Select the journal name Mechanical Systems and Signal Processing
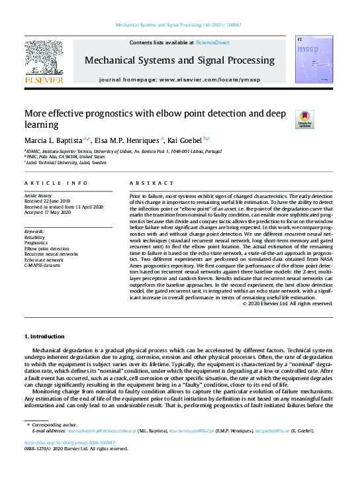click(179, 61)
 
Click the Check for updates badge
click(304, 119)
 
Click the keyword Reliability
click(34, 237)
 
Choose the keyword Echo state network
click(44, 258)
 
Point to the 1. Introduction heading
click(44, 337)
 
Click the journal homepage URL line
click(180, 79)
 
